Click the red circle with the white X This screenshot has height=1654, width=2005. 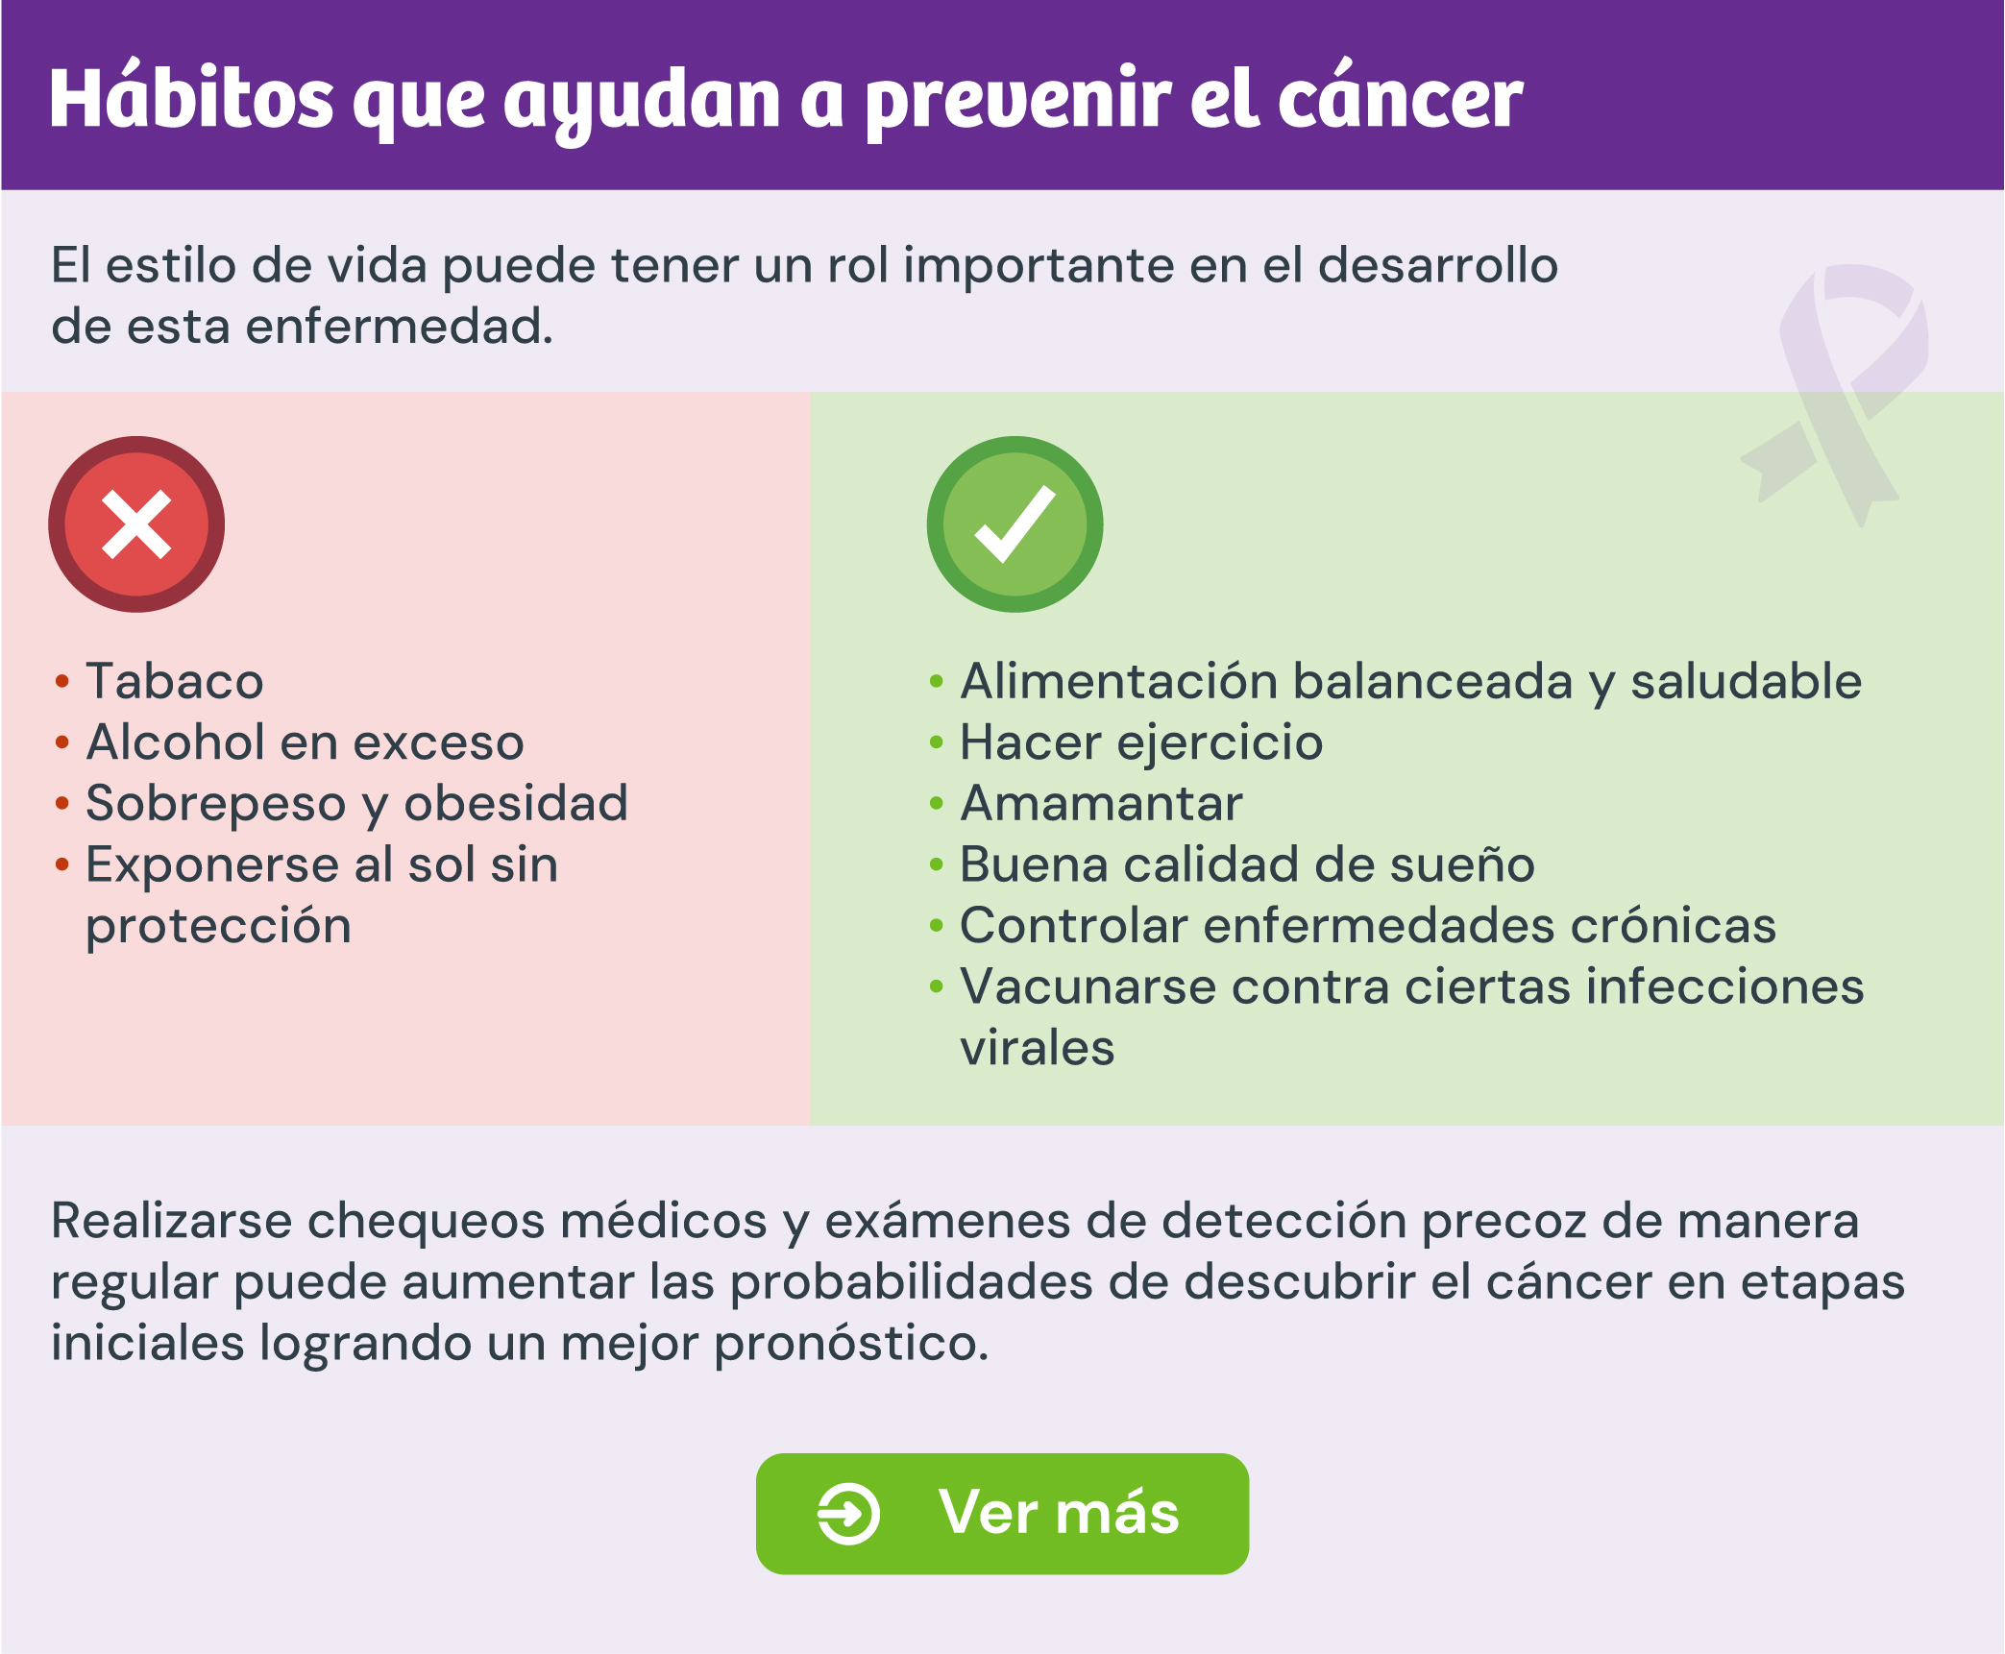coord(136,524)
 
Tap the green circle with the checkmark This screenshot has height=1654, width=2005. coord(1015,524)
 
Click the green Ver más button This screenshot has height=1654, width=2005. coord(1002,1514)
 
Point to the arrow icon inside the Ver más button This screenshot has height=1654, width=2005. coord(848,1515)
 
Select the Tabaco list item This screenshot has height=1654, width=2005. coord(175,681)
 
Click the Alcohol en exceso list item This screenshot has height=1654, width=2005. coord(305,742)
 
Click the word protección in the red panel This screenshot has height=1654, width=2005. coord(218,927)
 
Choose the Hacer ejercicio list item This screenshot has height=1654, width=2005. coord(1141,743)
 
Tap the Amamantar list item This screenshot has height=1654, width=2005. coord(1101,803)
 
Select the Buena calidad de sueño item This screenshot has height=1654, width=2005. coord(1247,864)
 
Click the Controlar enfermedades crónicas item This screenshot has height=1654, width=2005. coord(1368,925)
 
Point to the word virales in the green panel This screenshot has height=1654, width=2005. coord(1038,1047)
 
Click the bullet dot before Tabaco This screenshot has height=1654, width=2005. coord(62,682)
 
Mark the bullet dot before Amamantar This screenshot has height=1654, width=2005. coord(937,804)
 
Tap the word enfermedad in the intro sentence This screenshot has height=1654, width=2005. coord(399,327)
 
